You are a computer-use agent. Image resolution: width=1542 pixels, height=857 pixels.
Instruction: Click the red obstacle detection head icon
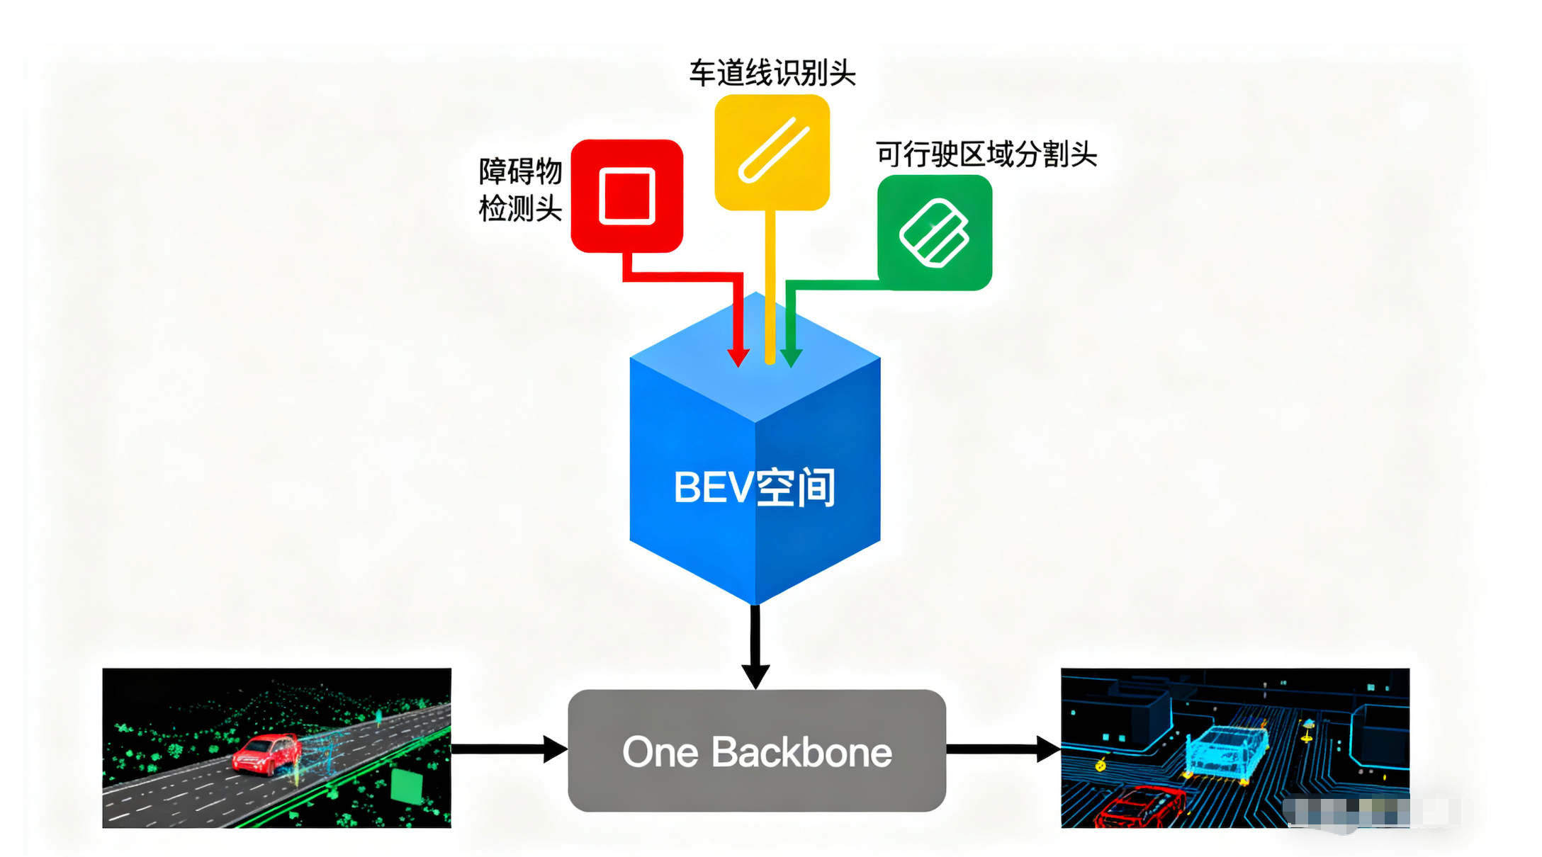[626, 195]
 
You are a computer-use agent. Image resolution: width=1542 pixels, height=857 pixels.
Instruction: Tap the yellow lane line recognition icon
[772, 152]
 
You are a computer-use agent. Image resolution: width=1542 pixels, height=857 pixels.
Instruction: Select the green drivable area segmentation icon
[934, 232]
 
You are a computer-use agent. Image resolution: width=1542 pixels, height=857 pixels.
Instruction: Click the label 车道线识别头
[772, 73]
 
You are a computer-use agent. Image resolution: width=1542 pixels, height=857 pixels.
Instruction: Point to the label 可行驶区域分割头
[986, 154]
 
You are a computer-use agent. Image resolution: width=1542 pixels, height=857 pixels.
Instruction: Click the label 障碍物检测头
[520, 190]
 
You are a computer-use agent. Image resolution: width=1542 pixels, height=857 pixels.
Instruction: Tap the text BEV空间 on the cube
[755, 487]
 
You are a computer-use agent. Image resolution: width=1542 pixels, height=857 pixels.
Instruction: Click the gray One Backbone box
[756, 750]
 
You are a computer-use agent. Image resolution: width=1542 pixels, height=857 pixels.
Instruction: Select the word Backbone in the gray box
[801, 751]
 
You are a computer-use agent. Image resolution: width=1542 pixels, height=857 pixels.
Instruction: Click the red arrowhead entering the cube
[738, 356]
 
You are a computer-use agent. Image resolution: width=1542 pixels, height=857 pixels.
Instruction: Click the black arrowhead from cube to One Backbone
[755, 675]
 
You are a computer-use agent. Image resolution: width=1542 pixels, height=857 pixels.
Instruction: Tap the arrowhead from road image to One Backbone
[554, 749]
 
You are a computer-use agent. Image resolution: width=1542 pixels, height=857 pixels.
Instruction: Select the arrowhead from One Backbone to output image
[1047, 749]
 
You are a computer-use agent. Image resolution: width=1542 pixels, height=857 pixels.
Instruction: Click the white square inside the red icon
[626, 195]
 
